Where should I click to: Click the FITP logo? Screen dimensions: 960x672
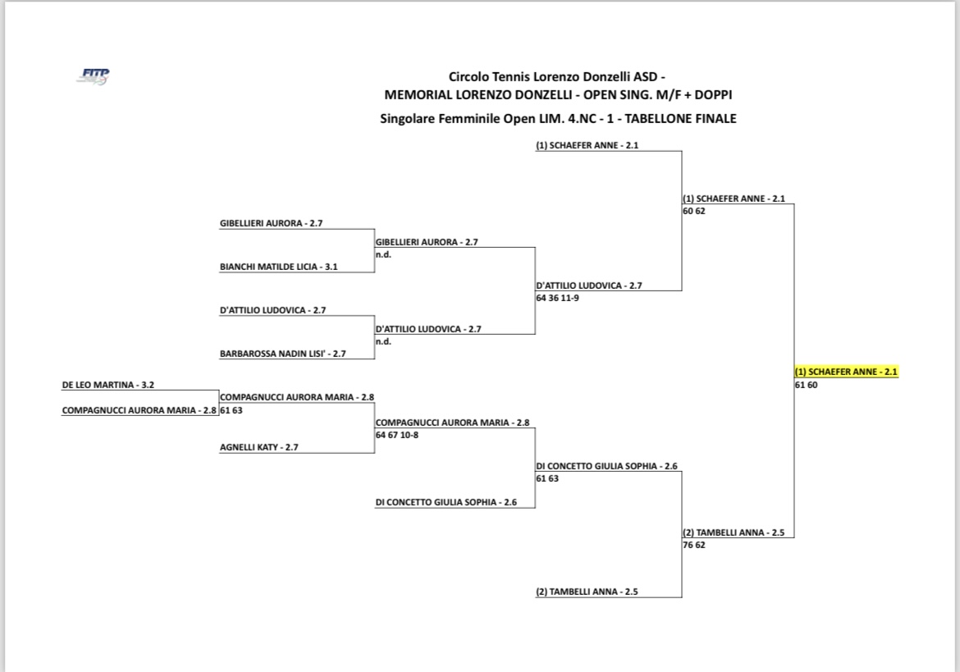pyautogui.click(x=94, y=76)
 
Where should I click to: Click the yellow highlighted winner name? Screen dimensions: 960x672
pyautogui.click(x=846, y=372)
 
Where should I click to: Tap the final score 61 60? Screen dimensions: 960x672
pyautogui.click(x=807, y=385)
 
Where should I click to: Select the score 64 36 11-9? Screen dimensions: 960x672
pyautogui.click(x=557, y=298)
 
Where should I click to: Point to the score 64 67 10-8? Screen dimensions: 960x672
pyautogui.click(x=397, y=435)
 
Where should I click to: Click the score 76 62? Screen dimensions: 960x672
pyautogui.click(x=694, y=545)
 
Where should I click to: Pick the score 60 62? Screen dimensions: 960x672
pyautogui.click(x=694, y=211)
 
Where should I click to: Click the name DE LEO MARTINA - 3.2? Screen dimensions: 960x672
pyautogui.click(x=107, y=385)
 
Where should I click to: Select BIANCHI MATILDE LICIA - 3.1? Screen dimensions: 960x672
pyautogui.click(x=279, y=267)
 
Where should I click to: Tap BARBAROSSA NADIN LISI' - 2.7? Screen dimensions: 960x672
pyautogui.click(x=283, y=354)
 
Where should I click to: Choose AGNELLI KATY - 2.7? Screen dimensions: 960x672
pyautogui.click(x=259, y=447)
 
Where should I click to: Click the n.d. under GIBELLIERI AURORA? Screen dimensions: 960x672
pyautogui.click(x=383, y=254)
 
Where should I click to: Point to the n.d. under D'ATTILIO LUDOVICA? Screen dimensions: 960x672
pyautogui.click(x=383, y=341)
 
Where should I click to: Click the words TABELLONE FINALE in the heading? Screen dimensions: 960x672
pyautogui.click(x=680, y=119)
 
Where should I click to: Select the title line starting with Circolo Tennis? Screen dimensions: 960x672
pyautogui.click(x=557, y=76)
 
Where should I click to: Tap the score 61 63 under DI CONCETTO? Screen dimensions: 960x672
pyautogui.click(x=547, y=478)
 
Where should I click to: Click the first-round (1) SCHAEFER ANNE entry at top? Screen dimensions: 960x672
pyautogui.click(x=587, y=146)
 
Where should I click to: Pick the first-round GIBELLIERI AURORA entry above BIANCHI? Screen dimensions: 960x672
pyautogui.click(x=272, y=223)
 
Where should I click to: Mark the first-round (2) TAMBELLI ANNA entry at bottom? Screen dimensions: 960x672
pyautogui.click(x=587, y=592)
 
